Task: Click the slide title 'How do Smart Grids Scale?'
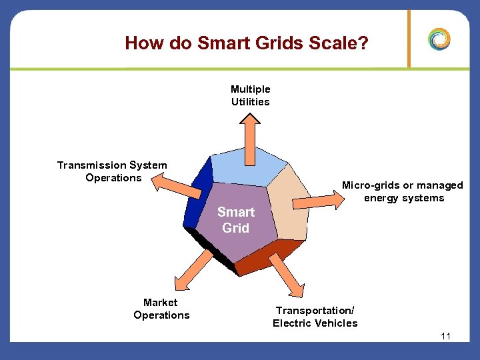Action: tap(247, 43)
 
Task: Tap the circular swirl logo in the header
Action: tap(439, 39)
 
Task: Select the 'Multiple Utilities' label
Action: tap(251, 95)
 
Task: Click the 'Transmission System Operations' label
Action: tap(113, 171)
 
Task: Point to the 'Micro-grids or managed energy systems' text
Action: tap(403, 191)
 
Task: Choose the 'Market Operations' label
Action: tap(161, 309)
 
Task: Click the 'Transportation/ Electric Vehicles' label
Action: tap(315, 317)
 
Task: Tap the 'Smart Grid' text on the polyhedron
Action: tap(236, 220)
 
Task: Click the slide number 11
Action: tap(446, 336)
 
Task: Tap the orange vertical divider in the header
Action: tap(409, 39)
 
